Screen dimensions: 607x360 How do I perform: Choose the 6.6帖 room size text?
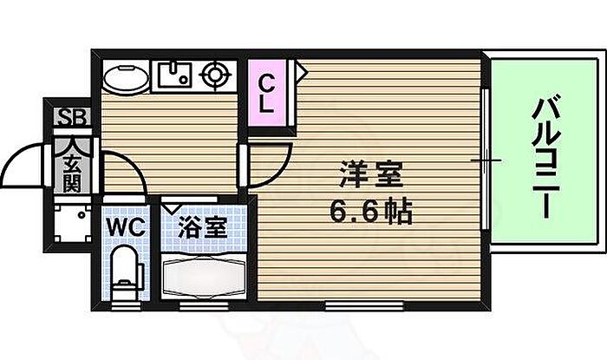369,212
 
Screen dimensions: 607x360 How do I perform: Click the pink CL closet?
268,95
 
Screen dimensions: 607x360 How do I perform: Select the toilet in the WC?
127,269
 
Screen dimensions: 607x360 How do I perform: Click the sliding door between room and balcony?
485,160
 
